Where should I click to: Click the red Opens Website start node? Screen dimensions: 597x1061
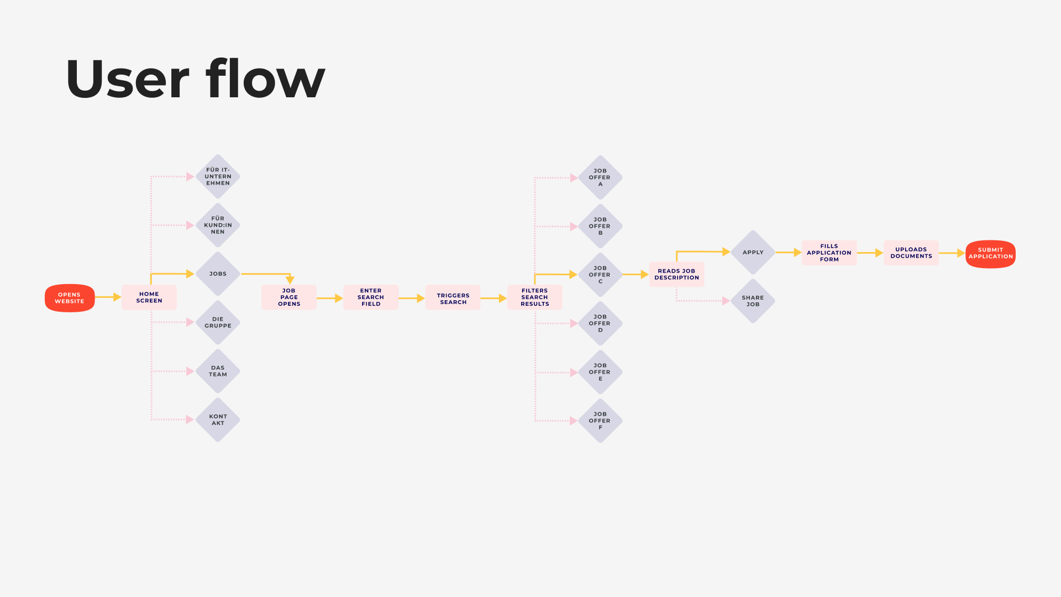tap(70, 298)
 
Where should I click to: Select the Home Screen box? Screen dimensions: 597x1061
tap(149, 297)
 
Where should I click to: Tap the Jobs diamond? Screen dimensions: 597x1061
tap(218, 274)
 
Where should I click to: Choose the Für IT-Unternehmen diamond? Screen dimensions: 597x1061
tap(218, 176)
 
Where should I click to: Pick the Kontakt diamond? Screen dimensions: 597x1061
tap(218, 420)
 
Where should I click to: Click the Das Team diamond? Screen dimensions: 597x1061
tap(218, 371)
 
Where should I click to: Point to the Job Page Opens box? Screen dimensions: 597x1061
tap(289, 297)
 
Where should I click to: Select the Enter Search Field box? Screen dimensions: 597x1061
tap(371, 297)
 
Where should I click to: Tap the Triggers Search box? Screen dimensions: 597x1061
tap(453, 298)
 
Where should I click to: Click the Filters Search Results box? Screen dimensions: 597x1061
tap(535, 297)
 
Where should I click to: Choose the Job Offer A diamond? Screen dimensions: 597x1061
tap(600, 177)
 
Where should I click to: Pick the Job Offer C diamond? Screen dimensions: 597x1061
tap(600, 275)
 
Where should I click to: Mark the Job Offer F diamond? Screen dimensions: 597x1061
tap(600, 421)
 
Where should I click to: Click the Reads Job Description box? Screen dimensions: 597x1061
tap(676, 274)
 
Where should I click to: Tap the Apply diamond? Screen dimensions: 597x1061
tap(753, 252)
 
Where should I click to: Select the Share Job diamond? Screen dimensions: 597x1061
tap(753, 301)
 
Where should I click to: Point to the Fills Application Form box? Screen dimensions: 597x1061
tap(829, 253)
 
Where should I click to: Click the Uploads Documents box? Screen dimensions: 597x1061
tap(911, 253)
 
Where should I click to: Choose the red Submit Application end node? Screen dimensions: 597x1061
tap(990, 254)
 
